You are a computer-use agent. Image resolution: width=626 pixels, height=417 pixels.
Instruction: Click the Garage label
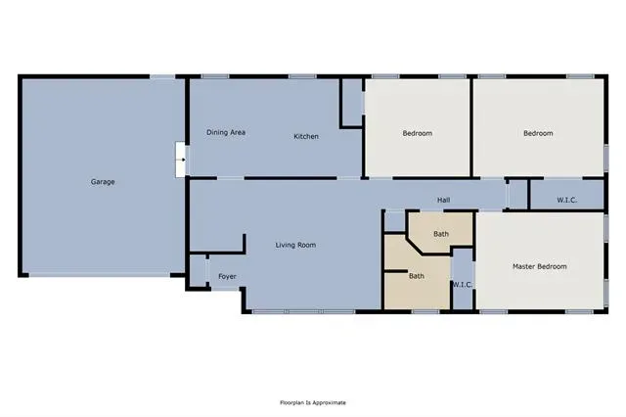pyautogui.click(x=103, y=182)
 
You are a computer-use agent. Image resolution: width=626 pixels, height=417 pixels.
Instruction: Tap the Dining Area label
pyautogui.click(x=226, y=132)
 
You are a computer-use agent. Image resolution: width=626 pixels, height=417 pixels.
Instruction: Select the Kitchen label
pyautogui.click(x=306, y=136)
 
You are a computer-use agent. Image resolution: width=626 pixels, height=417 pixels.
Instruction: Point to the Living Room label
pyautogui.click(x=295, y=245)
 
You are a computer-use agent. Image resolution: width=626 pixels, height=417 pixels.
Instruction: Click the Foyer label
pyautogui.click(x=227, y=276)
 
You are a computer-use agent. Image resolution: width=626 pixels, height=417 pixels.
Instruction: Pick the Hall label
pyautogui.click(x=443, y=200)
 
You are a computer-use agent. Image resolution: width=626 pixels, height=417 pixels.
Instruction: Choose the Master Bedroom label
pyautogui.click(x=539, y=266)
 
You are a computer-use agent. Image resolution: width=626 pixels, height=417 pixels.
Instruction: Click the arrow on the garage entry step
pyautogui.click(x=182, y=160)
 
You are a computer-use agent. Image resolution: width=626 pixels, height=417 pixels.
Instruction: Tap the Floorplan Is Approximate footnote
pyautogui.click(x=313, y=402)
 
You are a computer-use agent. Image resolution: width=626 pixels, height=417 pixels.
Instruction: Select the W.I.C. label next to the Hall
pyautogui.click(x=567, y=200)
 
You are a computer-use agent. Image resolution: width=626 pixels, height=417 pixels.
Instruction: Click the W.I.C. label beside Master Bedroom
pyautogui.click(x=463, y=285)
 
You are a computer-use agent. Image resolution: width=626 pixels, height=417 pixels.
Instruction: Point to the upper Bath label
pyautogui.click(x=441, y=234)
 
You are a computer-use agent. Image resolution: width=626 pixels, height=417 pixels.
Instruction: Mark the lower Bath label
pyautogui.click(x=417, y=276)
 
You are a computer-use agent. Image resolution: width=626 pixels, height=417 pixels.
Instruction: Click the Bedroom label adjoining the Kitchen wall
pyautogui.click(x=418, y=133)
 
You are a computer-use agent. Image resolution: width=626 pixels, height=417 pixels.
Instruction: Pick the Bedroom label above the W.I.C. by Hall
pyautogui.click(x=538, y=133)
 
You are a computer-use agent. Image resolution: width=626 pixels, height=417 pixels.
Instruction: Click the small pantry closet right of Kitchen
pyautogui.click(x=352, y=103)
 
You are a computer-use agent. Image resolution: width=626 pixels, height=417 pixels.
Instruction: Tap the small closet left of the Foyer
pyautogui.click(x=198, y=270)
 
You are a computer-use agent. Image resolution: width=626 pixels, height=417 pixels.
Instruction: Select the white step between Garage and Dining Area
pyautogui.click(x=180, y=160)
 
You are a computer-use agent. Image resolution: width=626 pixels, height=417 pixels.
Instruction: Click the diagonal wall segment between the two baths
pyautogui.click(x=415, y=246)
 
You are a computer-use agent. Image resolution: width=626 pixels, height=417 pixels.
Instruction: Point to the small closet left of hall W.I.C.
pyautogui.click(x=518, y=194)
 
